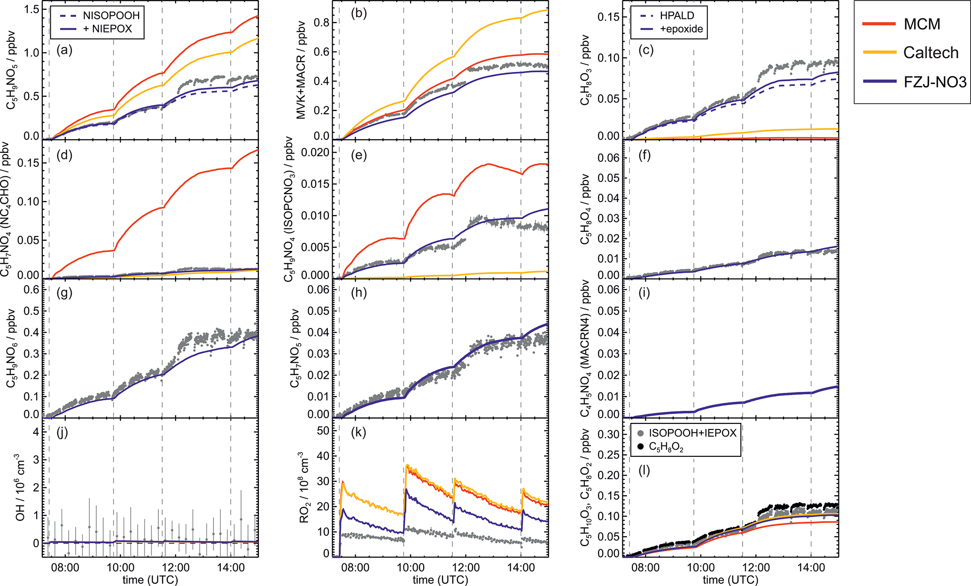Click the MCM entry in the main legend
click(x=922, y=24)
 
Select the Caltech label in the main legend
click(x=931, y=53)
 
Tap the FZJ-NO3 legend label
click(x=935, y=82)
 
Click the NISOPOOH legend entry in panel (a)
click(x=111, y=16)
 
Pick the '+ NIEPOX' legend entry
click(x=108, y=29)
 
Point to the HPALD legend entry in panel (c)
click(x=676, y=16)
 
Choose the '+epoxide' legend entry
click(x=681, y=29)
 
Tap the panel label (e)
click(x=358, y=155)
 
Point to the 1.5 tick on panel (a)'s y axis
click(x=31, y=10)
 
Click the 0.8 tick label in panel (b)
click(x=321, y=23)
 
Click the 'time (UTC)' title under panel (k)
click(x=440, y=580)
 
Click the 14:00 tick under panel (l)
click(x=811, y=568)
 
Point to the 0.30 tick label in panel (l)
click(x=608, y=434)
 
